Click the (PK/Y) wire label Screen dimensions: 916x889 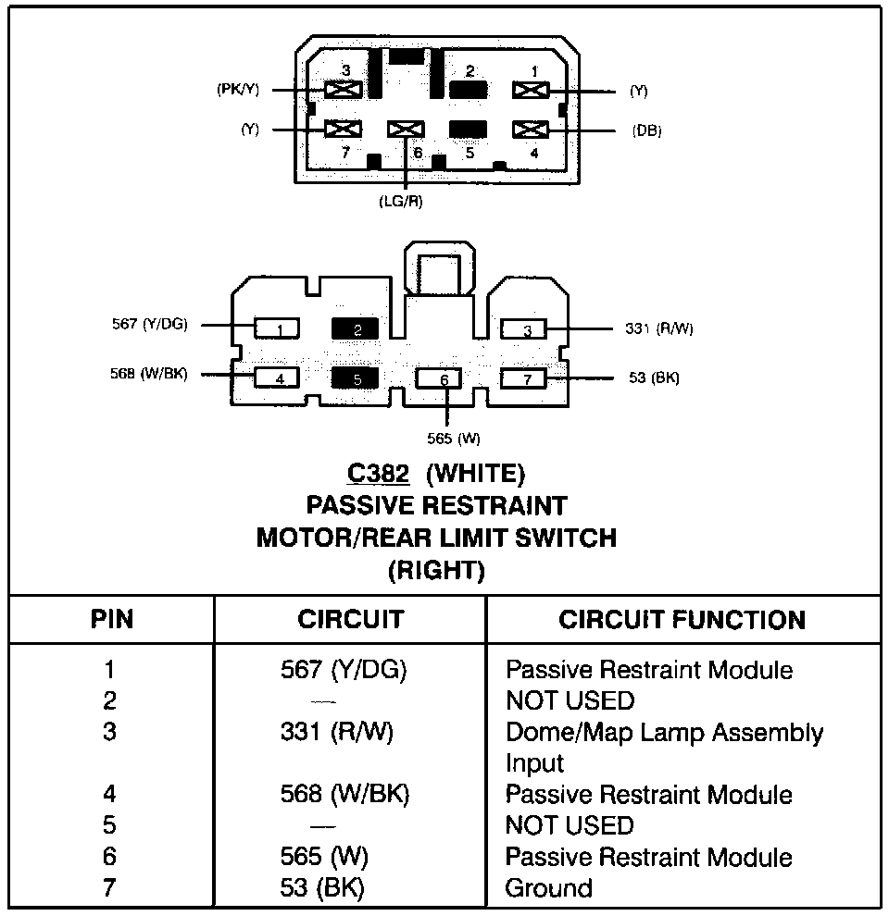[238, 90]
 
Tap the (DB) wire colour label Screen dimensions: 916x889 [646, 130]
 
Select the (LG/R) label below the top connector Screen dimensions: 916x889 [401, 202]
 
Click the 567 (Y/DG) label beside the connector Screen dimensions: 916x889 [148, 324]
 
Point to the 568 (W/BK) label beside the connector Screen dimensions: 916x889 [148, 375]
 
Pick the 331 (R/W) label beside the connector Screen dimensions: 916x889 [658, 328]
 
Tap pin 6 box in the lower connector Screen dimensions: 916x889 [444, 379]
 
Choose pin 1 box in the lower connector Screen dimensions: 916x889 [280, 328]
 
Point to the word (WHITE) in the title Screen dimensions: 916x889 [475, 475]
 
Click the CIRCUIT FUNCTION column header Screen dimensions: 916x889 [682, 620]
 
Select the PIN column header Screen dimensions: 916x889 [111, 620]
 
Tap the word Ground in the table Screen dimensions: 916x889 [548, 889]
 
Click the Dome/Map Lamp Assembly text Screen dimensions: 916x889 [664, 733]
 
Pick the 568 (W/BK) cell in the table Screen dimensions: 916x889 [344, 795]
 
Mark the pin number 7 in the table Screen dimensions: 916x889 [110, 889]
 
